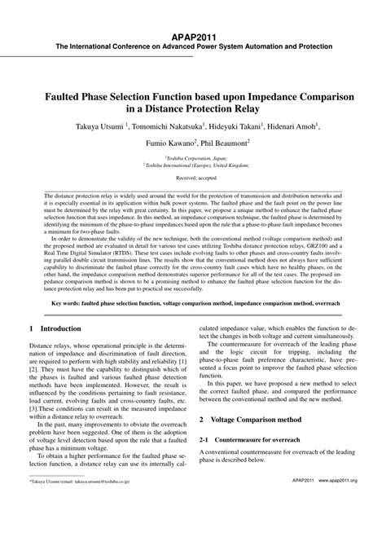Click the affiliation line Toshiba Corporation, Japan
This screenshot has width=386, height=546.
click(193, 157)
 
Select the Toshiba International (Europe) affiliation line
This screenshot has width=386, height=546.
click(193, 165)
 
